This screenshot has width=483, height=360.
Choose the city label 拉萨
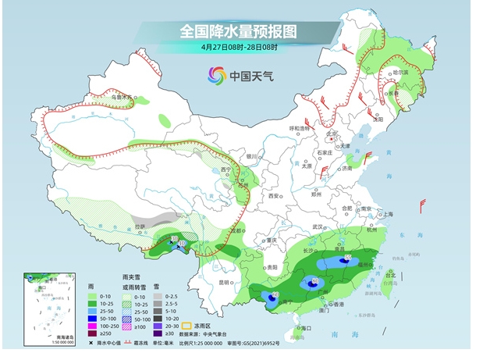tap(140, 227)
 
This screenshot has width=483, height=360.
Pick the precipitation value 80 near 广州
tap(315, 280)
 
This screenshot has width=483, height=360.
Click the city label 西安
tap(273, 196)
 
